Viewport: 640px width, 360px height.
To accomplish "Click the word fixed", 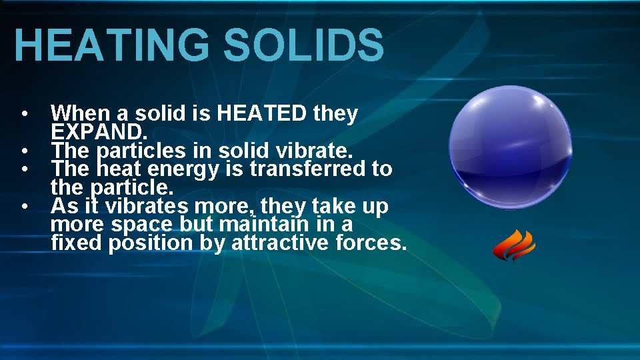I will pos(76,243).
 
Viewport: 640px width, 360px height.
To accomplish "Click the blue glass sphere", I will pos(510,147).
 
